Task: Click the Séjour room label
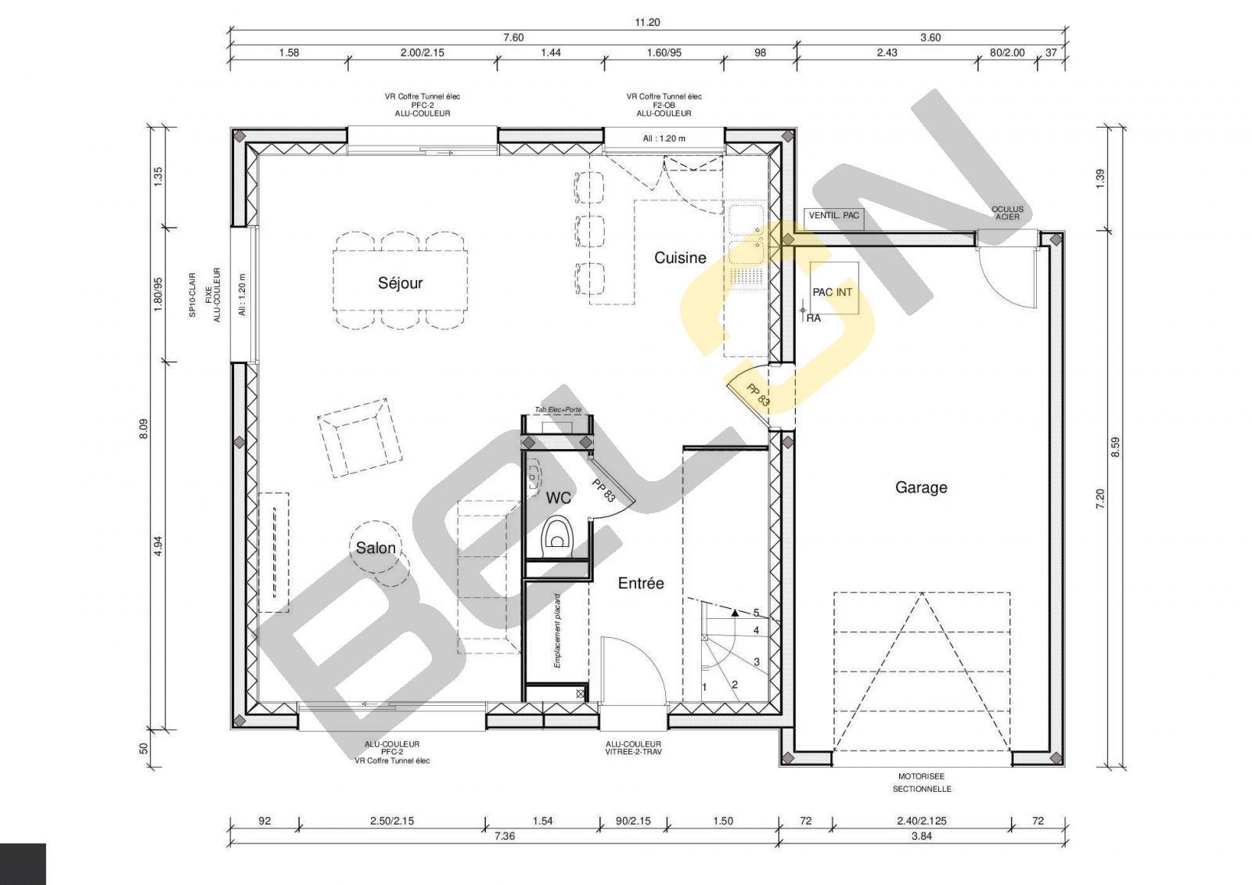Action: (x=400, y=283)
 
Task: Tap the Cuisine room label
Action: (x=680, y=257)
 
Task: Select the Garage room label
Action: (x=921, y=487)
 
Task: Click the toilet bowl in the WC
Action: (x=557, y=537)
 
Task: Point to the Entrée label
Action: (x=641, y=584)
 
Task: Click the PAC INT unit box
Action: (x=834, y=288)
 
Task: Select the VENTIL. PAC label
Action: (x=834, y=215)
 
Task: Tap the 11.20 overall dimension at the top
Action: (x=647, y=23)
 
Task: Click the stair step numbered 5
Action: (x=756, y=613)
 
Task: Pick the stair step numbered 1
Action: (x=705, y=687)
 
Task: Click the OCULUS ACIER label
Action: (x=1008, y=213)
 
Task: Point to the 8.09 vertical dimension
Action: (x=144, y=429)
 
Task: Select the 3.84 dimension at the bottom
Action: (x=922, y=837)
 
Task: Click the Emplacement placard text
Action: (x=557, y=631)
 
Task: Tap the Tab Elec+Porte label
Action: (x=558, y=410)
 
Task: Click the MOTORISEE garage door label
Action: (x=922, y=776)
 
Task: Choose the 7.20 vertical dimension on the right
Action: (x=1100, y=498)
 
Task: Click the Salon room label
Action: (x=376, y=549)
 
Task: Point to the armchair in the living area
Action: (x=359, y=437)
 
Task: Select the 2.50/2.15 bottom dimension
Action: (x=392, y=822)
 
